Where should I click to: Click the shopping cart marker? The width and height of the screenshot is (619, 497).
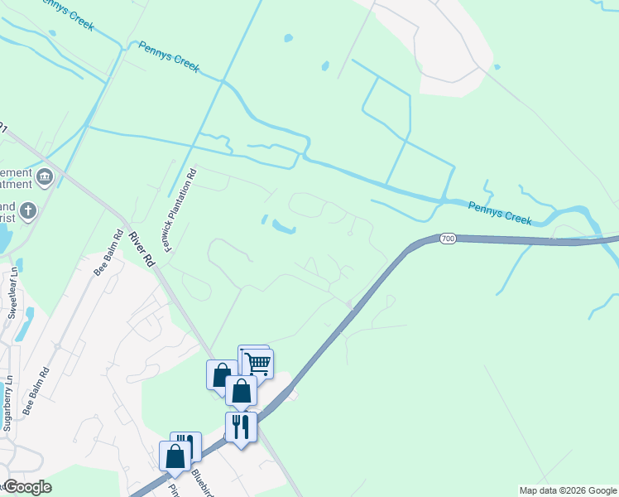click(258, 363)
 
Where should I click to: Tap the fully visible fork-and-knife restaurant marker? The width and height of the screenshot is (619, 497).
click(241, 427)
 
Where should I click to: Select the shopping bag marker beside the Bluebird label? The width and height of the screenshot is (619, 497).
click(175, 456)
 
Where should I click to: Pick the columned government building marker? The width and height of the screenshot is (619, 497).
click(45, 176)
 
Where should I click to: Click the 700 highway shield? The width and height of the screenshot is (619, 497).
click(448, 239)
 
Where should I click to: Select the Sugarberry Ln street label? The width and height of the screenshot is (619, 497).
click(7, 403)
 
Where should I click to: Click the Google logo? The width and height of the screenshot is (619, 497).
click(27, 487)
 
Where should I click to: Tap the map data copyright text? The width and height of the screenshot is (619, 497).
click(568, 490)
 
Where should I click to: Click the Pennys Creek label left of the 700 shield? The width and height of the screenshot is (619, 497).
click(169, 57)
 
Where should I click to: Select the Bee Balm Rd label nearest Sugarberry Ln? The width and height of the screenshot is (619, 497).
click(37, 391)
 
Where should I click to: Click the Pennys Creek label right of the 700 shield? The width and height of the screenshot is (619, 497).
click(499, 214)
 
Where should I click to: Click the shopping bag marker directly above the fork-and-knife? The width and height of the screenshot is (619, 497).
click(241, 390)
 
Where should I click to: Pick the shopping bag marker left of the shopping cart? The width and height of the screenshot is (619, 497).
click(221, 374)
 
